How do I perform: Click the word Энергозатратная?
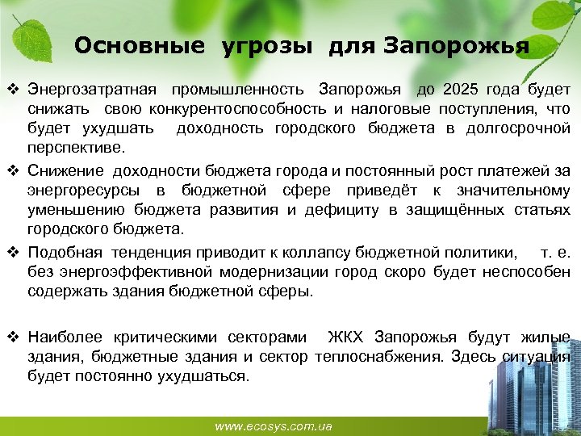tap(90, 87)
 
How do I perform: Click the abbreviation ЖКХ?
tap(348, 336)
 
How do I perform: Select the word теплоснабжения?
tap(379, 356)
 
